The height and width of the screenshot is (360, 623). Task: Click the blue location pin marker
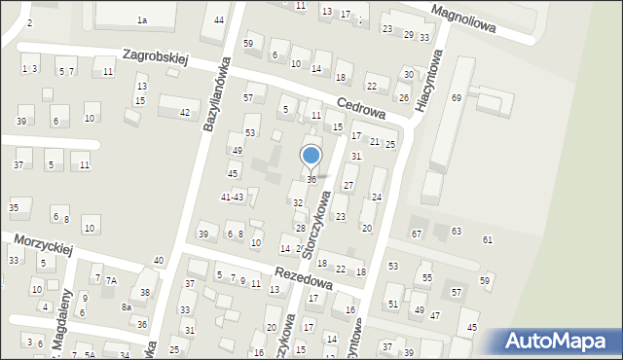coord(311,156)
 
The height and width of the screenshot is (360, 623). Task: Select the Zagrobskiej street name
coord(155,59)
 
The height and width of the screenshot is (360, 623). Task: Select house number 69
coord(456,98)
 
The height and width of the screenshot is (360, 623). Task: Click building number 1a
coord(142,20)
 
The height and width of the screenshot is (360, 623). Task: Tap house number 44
coord(220,20)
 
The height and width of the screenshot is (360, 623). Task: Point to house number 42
coord(184,113)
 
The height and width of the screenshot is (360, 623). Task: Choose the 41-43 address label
coord(232,198)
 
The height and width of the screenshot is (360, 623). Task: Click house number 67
coord(417,234)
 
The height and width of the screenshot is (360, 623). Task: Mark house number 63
coord(456,232)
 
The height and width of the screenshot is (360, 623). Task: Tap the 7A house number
coord(111,280)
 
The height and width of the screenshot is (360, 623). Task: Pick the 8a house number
coord(127,306)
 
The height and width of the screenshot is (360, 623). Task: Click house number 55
coord(426,278)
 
